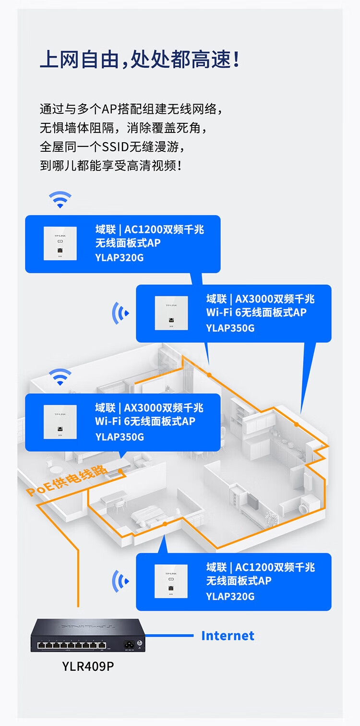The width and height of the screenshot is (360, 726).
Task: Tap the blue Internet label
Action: point(228,636)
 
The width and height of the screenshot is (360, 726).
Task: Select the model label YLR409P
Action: point(88,666)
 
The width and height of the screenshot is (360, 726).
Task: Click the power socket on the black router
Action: point(129,644)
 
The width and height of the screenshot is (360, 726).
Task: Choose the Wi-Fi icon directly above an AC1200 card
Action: point(60,199)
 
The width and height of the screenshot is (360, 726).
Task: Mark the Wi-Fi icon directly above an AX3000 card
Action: point(60,377)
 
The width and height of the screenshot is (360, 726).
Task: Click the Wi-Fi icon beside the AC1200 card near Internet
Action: point(120,581)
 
